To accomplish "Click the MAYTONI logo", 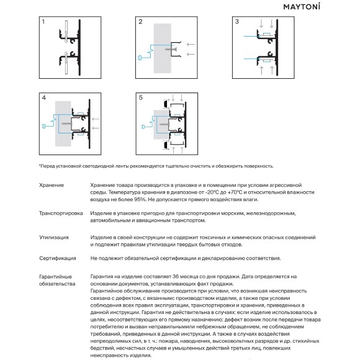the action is [302, 6].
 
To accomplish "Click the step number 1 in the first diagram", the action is [43, 22].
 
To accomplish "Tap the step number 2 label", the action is [140, 22].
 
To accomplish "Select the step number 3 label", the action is [237, 22].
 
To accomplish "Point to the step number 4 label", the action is [44, 98].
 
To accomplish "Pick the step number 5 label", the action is [141, 97].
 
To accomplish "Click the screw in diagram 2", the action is [171, 50].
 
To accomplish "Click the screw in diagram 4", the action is [66, 124].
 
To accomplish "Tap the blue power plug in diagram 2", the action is [140, 58].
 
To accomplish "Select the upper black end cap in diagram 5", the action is [165, 104].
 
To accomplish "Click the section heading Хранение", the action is [52, 186].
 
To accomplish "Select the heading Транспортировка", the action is [61, 214].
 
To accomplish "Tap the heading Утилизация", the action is [54, 237].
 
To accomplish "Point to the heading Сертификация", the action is [57, 258].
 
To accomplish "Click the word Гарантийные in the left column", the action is [55, 277].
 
